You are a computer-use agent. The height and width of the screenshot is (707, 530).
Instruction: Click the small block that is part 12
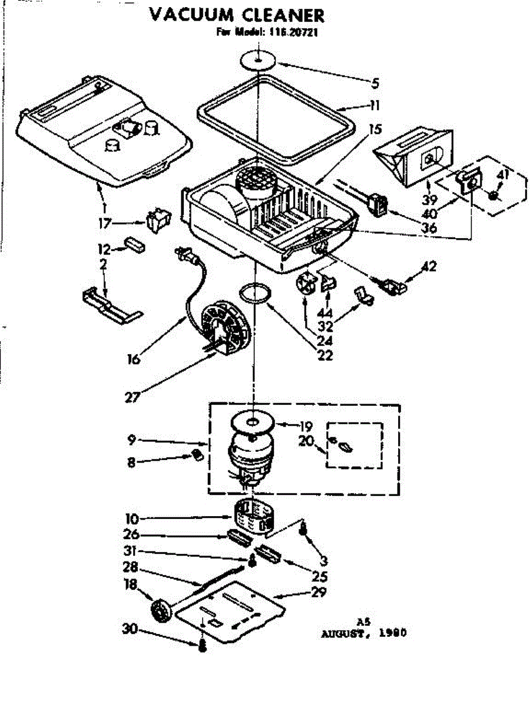[135, 245]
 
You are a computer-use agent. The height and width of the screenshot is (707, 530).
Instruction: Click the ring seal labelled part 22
[257, 293]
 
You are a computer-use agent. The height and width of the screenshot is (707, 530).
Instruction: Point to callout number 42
[429, 266]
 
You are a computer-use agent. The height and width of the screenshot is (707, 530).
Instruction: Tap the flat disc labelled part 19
[254, 422]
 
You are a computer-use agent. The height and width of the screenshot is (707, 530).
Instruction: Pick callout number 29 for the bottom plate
[319, 592]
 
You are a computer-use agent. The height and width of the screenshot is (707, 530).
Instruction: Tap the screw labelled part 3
[303, 530]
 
